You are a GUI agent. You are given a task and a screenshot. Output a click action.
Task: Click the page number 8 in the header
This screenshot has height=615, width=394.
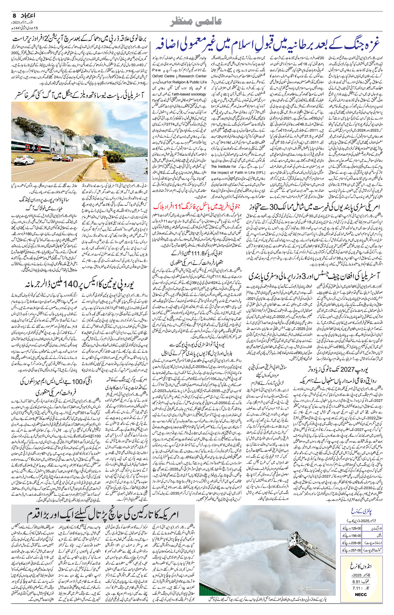click(x=14, y=15)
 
